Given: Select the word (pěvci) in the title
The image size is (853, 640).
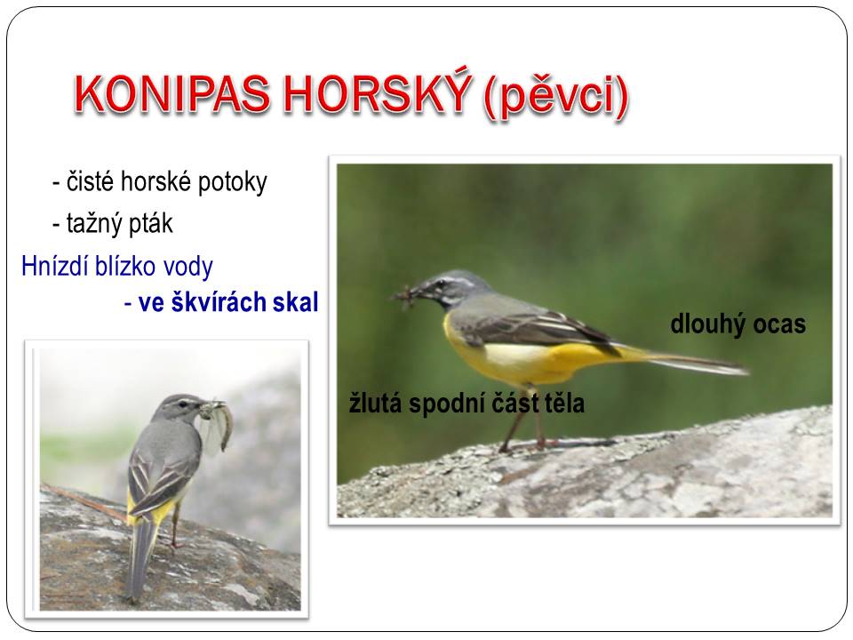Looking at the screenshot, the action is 556,96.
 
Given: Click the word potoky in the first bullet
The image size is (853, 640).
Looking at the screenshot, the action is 232,182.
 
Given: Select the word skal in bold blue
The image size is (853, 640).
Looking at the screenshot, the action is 295,302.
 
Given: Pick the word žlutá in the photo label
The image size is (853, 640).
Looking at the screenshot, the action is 375,404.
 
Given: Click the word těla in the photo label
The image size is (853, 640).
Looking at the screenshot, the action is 562,404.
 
